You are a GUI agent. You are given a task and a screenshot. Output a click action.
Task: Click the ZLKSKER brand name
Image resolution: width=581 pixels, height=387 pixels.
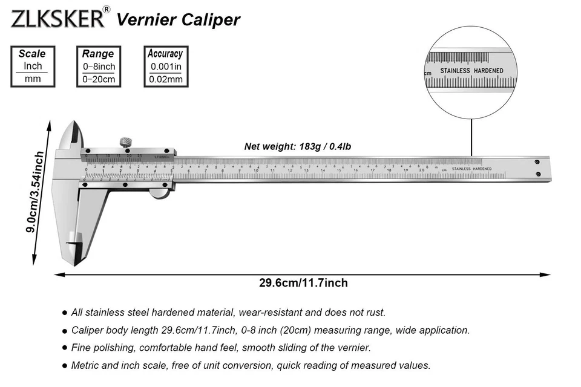(57, 18)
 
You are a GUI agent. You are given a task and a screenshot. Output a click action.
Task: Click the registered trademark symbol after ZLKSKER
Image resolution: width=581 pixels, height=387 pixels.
(107, 9)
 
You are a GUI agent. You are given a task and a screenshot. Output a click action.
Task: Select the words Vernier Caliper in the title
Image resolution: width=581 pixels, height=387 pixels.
(178, 19)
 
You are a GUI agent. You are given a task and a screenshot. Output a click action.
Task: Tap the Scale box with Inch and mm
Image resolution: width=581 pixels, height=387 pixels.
(32, 67)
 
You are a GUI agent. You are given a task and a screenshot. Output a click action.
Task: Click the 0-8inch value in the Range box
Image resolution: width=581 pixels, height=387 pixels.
(99, 67)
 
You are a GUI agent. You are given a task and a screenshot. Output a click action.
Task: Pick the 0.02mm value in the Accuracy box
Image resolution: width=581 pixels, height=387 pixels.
(166, 79)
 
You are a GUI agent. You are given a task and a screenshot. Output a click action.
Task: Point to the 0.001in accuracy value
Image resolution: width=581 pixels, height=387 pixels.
(166, 67)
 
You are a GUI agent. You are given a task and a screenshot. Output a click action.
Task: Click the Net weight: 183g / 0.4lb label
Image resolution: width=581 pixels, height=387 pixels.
(298, 146)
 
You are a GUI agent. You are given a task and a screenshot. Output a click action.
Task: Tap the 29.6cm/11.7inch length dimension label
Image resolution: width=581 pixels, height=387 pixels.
(303, 282)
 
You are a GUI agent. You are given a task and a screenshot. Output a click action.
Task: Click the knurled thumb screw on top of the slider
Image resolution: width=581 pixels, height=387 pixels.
(125, 143)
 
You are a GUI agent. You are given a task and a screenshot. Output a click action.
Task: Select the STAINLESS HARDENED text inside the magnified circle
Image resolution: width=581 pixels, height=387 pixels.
(471, 71)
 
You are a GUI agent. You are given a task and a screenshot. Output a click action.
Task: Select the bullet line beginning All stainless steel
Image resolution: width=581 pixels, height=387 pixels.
(228, 313)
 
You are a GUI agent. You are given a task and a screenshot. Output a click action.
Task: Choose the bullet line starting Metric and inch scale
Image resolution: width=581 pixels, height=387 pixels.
(250, 365)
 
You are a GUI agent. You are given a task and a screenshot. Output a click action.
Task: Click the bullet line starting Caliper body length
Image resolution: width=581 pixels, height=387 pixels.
(269, 330)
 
